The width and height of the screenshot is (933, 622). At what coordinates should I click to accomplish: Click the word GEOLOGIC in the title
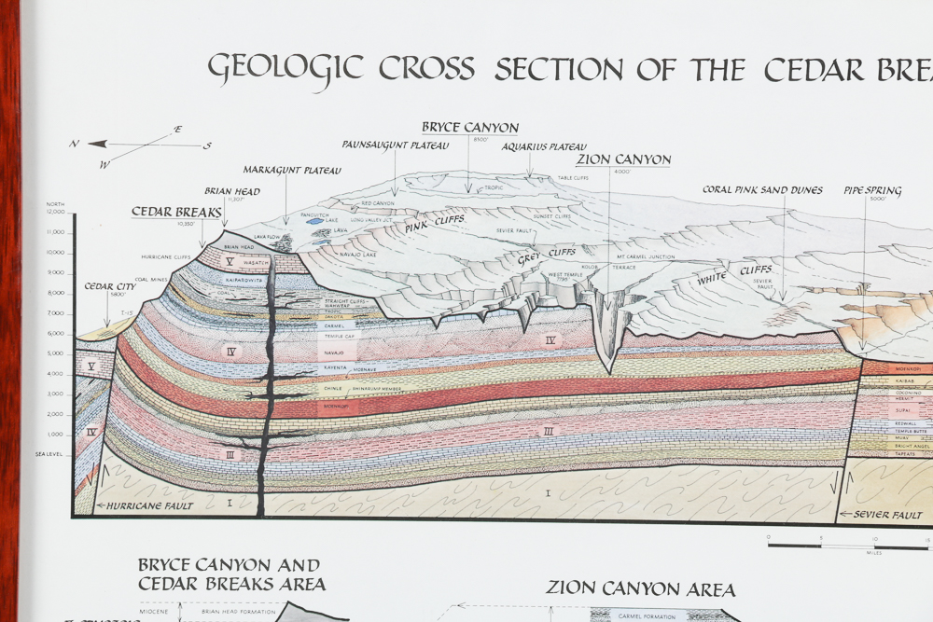click(x=285, y=69)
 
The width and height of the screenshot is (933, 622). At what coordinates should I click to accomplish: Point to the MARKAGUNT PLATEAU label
click(x=292, y=171)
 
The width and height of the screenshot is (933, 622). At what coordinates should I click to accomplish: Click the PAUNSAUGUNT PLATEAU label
click(x=396, y=145)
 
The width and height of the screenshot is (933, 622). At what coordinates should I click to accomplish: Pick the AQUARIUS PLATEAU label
click(x=544, y=146)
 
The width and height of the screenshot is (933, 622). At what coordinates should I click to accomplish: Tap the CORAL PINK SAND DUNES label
click(x=762, y=190)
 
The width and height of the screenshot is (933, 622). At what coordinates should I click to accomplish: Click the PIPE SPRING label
click(x=872, y=191)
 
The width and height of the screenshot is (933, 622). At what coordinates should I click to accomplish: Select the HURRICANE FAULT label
click(x=135, y=506)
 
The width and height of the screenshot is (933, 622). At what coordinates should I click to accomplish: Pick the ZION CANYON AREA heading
click(x=640, y=588)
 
